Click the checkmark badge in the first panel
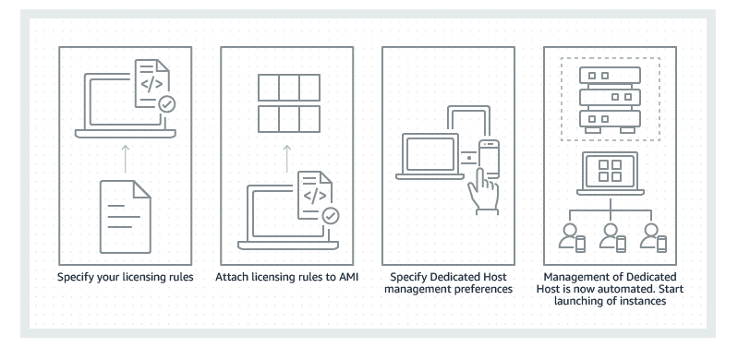(166, 104)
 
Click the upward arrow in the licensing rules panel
(126, 159)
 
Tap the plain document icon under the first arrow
(126, 217)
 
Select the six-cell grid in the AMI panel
(289, 103)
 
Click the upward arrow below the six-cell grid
(287, 159)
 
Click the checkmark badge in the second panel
(330, 215)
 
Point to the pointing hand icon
(483, 191)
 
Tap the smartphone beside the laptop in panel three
(489, 159)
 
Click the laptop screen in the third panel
(430, 154)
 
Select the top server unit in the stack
(610, 76)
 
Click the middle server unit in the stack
(610, 97)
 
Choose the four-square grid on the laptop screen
(610, 171)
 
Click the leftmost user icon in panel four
(572, 237)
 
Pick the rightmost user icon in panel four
(653, 237)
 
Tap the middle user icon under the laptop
(612, 237)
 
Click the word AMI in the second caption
(348, 277)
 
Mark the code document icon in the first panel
(152, 84)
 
